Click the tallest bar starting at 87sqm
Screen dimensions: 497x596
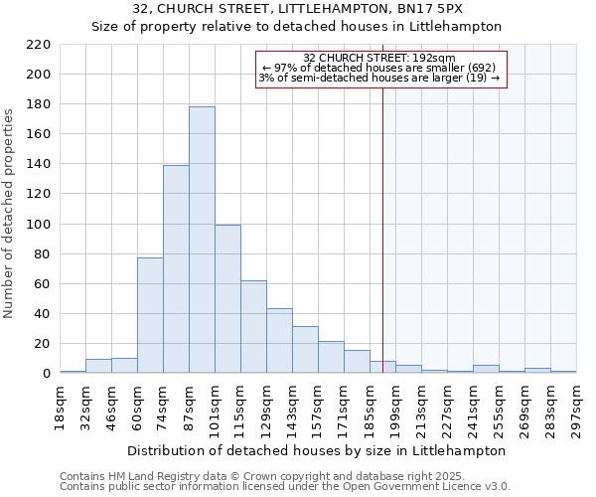coord(202,240)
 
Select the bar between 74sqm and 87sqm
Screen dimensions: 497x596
coord(176,269)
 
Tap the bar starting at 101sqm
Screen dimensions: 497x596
coord(227,299)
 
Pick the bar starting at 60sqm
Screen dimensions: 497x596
coord(150,315)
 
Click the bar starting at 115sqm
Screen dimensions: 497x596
coord(253,327)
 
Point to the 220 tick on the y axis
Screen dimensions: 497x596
coord(38,45)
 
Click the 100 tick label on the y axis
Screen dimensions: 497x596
coord(38,225)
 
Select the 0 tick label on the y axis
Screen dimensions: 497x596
coord(46,374)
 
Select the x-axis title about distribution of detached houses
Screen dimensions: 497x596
coord(317,450)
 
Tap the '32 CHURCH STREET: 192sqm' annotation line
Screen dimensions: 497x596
coord(380,58)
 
